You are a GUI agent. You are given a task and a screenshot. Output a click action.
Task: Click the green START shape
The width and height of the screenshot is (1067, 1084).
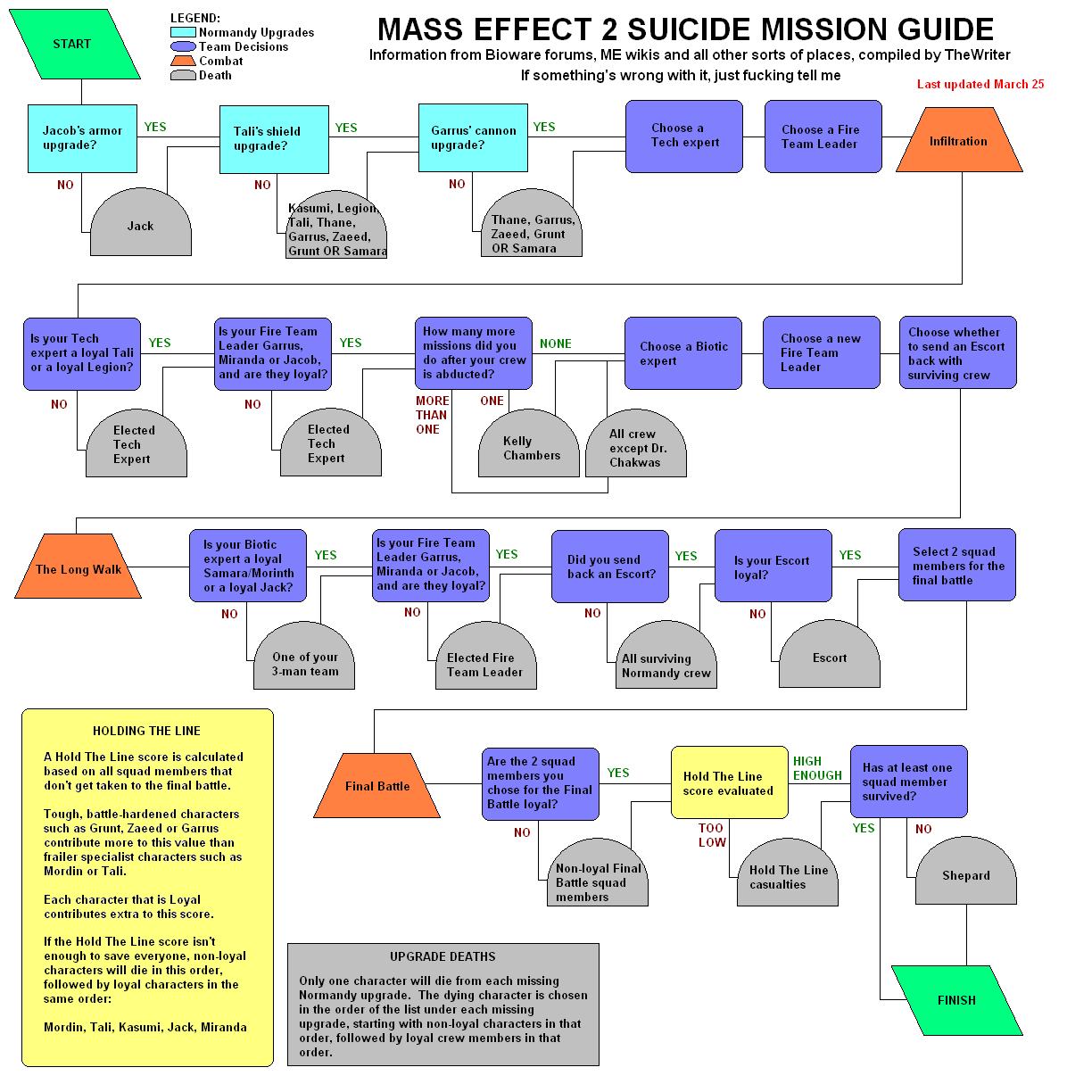(72, 44)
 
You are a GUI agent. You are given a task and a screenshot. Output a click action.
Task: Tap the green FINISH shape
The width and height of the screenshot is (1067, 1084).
(956, 1000)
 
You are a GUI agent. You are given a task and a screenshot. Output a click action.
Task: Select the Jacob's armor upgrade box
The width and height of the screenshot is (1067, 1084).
(82, 138)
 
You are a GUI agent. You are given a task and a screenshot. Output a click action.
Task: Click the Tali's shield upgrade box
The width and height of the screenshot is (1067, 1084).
(274, 138)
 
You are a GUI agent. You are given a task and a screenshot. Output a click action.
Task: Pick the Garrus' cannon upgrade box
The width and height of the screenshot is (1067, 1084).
(473, 137)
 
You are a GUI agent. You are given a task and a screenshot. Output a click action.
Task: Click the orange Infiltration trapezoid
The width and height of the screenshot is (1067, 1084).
(958, 141)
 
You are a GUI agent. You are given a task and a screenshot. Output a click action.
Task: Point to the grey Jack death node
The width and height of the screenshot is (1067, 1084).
(140, 226)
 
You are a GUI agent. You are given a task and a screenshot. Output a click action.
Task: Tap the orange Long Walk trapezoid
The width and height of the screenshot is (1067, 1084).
(79, 568)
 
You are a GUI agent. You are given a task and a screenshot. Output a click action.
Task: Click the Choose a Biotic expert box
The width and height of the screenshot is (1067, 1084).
(683, 353)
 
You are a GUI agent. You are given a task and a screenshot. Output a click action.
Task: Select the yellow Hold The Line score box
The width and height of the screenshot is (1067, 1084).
(729, 783)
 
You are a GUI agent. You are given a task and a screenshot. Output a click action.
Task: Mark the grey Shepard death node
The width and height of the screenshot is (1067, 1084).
(966, 875)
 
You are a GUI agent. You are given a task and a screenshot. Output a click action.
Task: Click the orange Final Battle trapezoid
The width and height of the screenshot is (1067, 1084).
(377, 786)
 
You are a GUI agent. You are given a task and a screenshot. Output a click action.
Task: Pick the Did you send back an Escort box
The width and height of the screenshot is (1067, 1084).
(610, 567)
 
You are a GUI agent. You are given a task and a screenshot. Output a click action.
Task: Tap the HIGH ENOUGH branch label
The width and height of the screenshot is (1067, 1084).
(817, 768)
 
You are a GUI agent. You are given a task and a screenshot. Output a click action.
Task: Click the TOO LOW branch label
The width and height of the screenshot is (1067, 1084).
(712, 835)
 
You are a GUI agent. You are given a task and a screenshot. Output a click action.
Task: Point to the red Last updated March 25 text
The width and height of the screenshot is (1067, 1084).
(980, 84)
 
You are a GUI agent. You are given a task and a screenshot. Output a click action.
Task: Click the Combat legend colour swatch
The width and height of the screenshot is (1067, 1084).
(183, 61)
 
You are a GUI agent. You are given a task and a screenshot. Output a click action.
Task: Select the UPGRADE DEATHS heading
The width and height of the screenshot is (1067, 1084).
(443, 956)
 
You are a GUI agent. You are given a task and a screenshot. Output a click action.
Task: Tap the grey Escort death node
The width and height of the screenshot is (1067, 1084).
(830, 658)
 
